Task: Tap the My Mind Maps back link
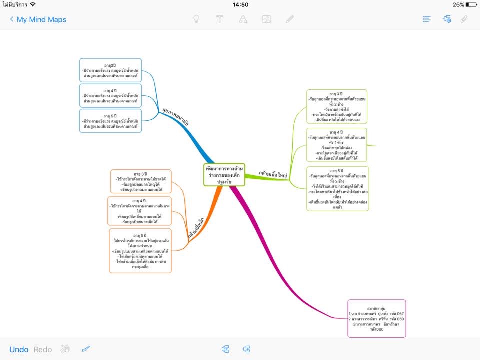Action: pos(38,19)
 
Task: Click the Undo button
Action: pos(19,349)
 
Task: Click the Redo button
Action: pos(43,349)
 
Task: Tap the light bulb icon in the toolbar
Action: pos(196,19)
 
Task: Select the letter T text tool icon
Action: pos(219,19)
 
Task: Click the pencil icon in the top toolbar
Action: pos(290,19)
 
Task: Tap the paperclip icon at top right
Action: pos(464,19)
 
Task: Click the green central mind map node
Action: pos(224,174)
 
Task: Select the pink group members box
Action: pos(376,318)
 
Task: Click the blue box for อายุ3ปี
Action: pos(110,70)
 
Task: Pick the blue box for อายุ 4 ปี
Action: pos(110,96)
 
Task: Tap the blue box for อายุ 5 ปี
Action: pos(110,121)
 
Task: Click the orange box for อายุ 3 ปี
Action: pos(141,181)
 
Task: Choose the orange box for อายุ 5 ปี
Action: pos(140,251)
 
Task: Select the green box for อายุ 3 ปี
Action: pos(336,106)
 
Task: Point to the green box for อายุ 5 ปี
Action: pos(337,188)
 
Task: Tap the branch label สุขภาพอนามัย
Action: pos(175,115)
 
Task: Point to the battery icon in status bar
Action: pos(471,5)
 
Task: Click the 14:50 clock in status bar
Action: pos(240,5)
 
